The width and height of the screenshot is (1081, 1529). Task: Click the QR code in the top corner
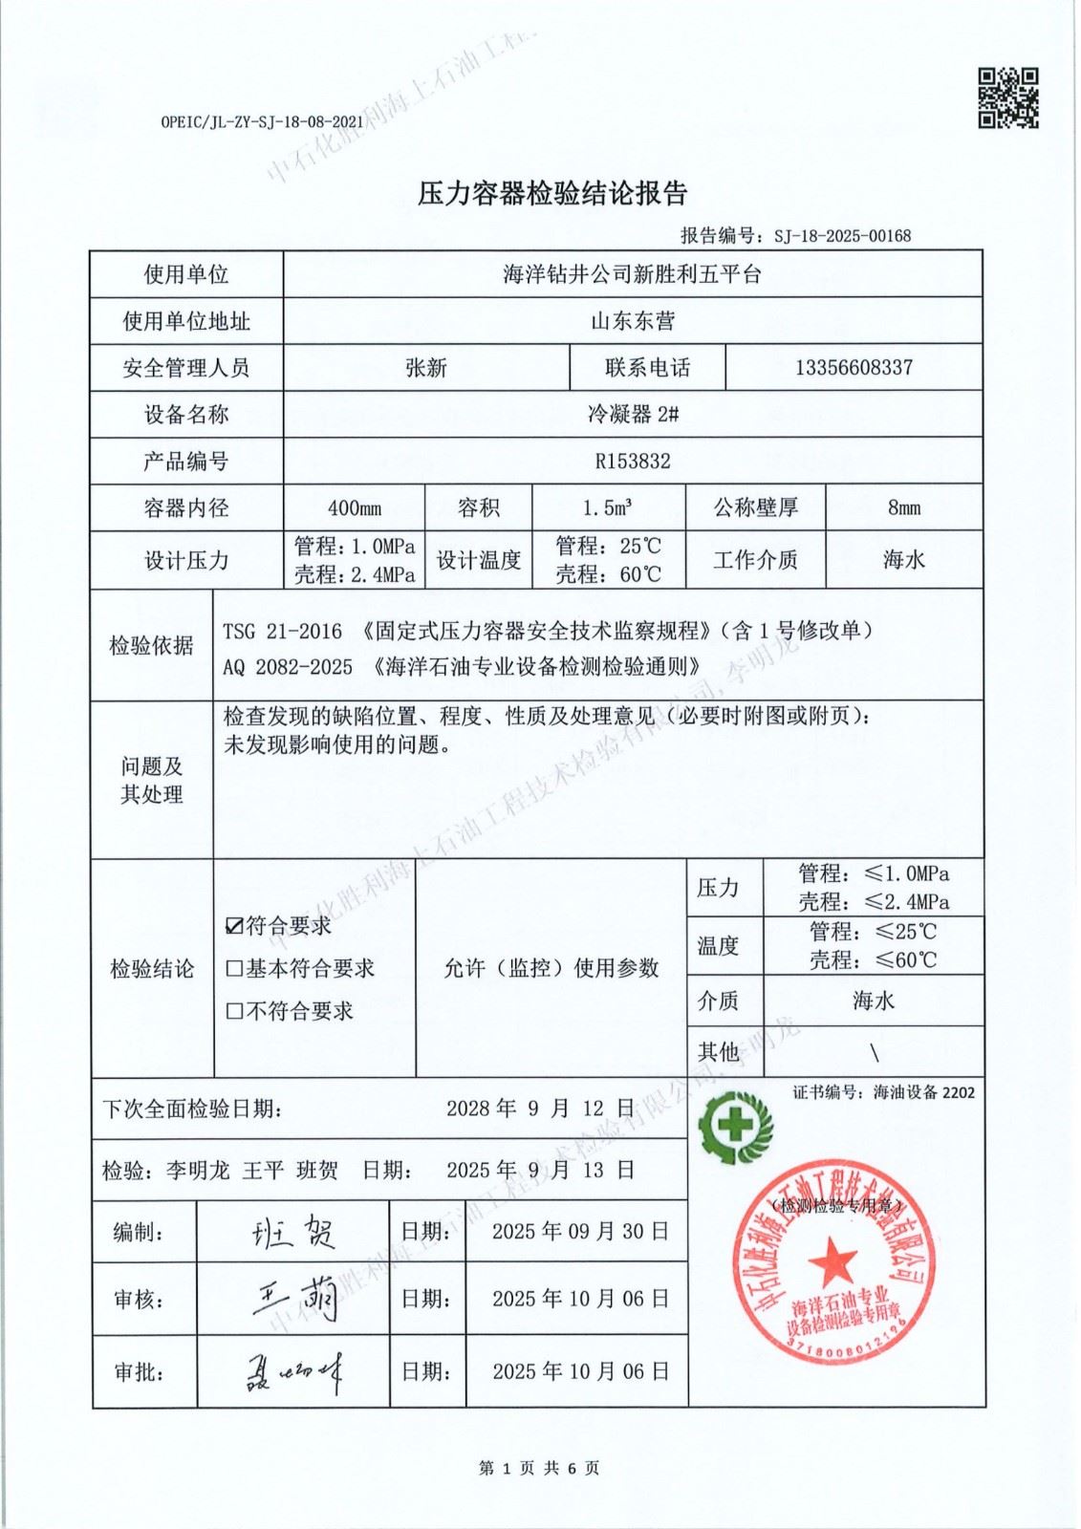pyautogui.click(x=1007, y=97)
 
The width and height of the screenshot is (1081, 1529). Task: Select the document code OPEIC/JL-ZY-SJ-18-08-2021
pyautogui.click(x=262, y=122)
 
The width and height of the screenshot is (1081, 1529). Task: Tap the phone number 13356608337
pyautogui.click(x=854, y=368)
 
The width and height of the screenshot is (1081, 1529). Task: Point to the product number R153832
pyautogui.click(x=633, y=462)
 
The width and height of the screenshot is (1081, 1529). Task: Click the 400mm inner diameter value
pyautogui.click(x=354, y=508)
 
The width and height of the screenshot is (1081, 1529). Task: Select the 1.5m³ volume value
pyautogui.click(x=607, y=508)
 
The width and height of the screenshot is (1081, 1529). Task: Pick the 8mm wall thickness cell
pyautogui.click(x=903, y=508)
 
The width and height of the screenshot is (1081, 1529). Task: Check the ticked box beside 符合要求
pyautogui.click(x=234, y=926)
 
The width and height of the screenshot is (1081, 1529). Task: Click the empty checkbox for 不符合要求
pyautogui.click(x=234, y=1011)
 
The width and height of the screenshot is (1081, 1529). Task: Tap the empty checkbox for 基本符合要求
pyautogui.click(x=234, y=969)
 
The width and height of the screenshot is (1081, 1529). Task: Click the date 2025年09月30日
pyautogui.click(x=579, y=1232)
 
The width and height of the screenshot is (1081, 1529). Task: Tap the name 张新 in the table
pyautogui.click(x=425, y=368)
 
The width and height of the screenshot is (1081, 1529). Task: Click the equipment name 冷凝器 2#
pyautogui.click(x=633, y=415)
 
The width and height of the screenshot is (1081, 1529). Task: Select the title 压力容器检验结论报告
pyautogui.click(x=552, y=194)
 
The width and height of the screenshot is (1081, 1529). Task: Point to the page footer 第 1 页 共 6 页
pyautogui.click(x=539, y=1468)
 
